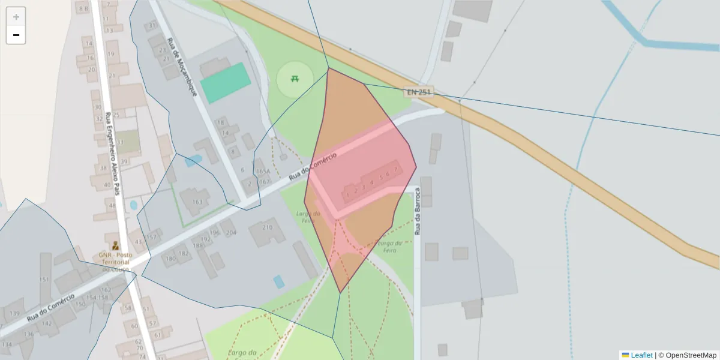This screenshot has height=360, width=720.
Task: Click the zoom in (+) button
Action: pyautogui.click(x=16, y=17)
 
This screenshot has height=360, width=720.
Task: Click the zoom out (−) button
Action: pyautogui.click(x=16, y=35)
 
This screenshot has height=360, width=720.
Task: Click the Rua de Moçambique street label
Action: pyautogui.click(x=182, y=68)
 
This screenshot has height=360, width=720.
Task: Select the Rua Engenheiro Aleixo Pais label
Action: pyautogui.click(x=113, y=154)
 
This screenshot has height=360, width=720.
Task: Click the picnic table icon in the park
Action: pyautogui.click(x=295, y=78)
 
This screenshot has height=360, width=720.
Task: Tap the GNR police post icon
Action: pyautogui.click(x=115, y=245)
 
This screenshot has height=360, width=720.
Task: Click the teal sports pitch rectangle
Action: pyautogui.click(x=225, y=82)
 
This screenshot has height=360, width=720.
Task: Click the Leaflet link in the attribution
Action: pyautogui.click(x=641, y=355)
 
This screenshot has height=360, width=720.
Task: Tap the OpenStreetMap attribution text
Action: pyautogui.click(x=687, y=355)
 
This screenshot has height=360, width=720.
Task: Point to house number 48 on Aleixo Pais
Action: pyautogui.click(x=112, y=205)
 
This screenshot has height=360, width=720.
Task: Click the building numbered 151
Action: pyautogui.click(x=44, y=280)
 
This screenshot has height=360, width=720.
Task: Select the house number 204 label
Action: pyautogui.click(x=231, y=232)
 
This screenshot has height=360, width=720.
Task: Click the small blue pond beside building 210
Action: pyautogui.click(x=278, y=281)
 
